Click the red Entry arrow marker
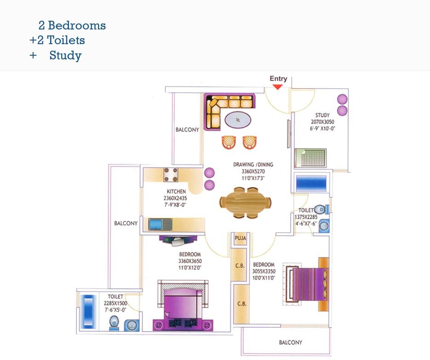pos(278,87)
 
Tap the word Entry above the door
pos(278,79)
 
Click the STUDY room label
pos(322,115)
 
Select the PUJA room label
pos(240,238)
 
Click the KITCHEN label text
pos(177,192)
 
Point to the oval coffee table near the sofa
pos(238,121)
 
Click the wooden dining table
pos(245,203)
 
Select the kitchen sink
pos(160,224)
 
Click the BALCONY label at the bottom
pos(291,343)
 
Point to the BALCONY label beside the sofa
pos(187,130)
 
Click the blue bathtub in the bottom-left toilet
pos(87,311)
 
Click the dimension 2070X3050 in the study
pos(322,122)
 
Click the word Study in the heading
pos(65,56)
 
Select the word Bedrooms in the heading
pos(77,25)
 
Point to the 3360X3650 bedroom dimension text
pos(190,261)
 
